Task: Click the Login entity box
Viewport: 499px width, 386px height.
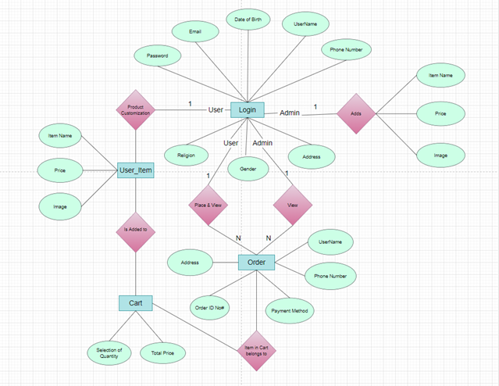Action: pos(248,110)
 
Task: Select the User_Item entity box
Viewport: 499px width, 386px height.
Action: pos(136,170)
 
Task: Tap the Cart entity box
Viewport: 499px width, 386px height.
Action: pos(136,302)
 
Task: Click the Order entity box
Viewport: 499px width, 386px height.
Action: pos(256,262)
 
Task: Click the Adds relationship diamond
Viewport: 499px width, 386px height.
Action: pos(356,113)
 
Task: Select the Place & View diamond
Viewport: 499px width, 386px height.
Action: pos(208,205)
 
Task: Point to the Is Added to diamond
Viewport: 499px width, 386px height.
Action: pos(136,231)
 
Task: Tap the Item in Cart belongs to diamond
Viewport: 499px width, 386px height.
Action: pos(258,351)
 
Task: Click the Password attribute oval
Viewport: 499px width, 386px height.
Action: pos(157,56)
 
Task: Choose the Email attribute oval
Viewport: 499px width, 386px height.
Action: pos(194,32)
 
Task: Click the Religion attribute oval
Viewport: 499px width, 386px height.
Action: pos(186,155)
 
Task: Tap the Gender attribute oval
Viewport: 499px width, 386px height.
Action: pos(248,167)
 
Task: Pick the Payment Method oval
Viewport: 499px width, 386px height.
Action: pos(290,311)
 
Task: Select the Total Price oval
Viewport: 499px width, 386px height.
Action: pos(162,354)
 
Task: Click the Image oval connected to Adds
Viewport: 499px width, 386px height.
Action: pos(441,155)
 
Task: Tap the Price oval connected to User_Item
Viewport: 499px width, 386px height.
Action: pos(59,170)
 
